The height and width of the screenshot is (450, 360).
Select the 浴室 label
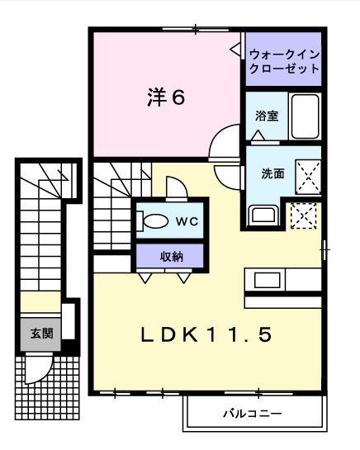coord(266,116)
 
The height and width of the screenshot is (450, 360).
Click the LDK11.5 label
coord(206,335)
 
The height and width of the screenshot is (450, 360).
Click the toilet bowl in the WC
coord(154,221)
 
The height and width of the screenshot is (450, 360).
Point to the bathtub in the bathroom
coord(306,115)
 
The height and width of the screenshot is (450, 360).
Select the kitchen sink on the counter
coord(268,280)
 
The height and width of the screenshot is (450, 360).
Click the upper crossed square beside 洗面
coord(308,176)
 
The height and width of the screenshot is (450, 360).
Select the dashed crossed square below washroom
coord(303,216)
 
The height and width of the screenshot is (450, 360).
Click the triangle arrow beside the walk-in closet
coord(235,50)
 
